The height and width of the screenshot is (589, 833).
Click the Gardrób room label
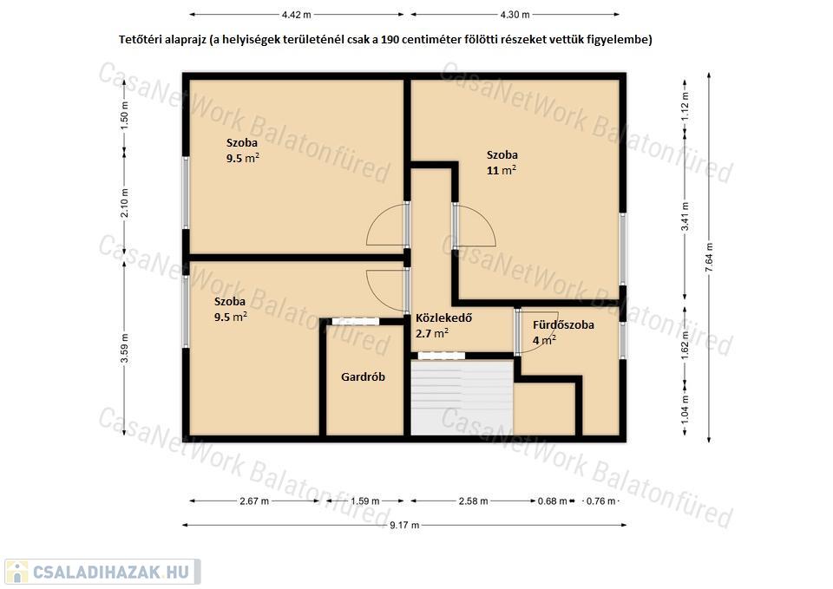[363, 377]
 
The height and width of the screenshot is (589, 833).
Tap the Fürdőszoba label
[564, 325]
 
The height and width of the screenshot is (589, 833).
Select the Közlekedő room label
[443, 318]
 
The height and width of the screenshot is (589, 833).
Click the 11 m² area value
[502, 170]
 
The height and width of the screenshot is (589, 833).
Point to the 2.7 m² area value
[432, 334]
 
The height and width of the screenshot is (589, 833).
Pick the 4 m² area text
[545, 340]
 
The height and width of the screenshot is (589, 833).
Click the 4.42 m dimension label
[297, 15]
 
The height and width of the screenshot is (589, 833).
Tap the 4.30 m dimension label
[515, 15]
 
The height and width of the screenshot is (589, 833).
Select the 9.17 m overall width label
[404, 526]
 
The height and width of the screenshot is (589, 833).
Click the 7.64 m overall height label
[709, 258]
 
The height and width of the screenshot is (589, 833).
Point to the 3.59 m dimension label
[124, 349]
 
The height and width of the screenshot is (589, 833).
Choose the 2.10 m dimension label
[124, 203]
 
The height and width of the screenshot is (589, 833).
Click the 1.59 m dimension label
[365, 501]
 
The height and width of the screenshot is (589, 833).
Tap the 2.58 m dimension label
[474, 501]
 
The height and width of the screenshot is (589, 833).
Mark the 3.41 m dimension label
[685, 217]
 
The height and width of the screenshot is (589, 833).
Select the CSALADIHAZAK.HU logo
[102, 572]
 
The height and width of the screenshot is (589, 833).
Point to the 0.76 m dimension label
[600, 501]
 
